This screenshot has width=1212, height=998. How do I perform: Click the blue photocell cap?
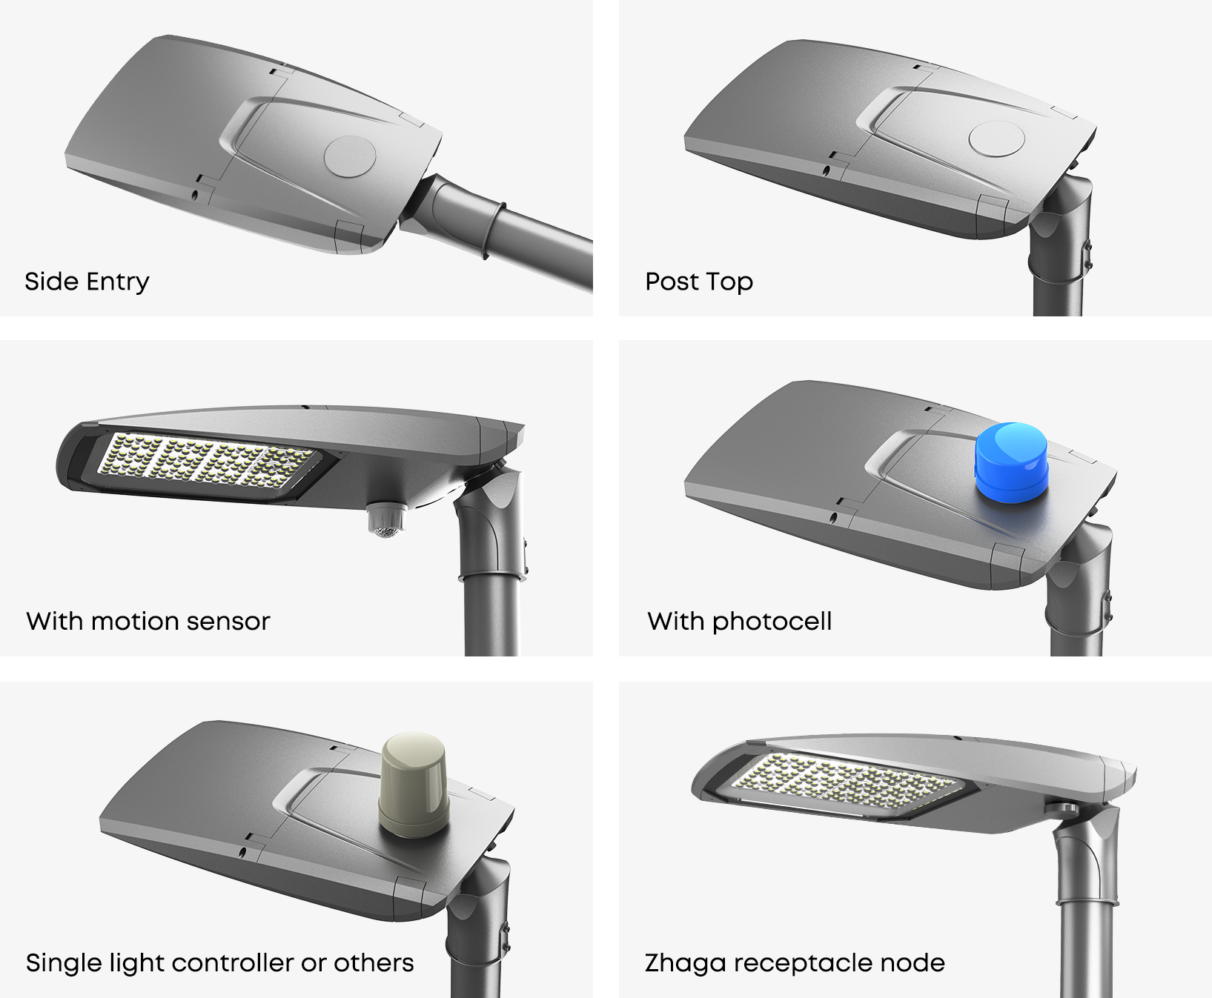[1011, 463]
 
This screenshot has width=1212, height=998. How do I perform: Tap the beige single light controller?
[414, 785]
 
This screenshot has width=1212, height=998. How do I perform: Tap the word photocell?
[772, 622]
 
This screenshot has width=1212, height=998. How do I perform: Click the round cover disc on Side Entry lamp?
[350, 156]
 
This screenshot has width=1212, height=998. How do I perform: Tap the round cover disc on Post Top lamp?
[996, 139]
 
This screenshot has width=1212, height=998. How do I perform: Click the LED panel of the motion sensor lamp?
[210, 464]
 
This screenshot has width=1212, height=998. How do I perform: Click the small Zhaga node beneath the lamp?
[1064, 808]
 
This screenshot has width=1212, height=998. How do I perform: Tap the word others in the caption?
[374, 962]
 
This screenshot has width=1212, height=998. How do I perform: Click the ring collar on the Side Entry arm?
[493, 230]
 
